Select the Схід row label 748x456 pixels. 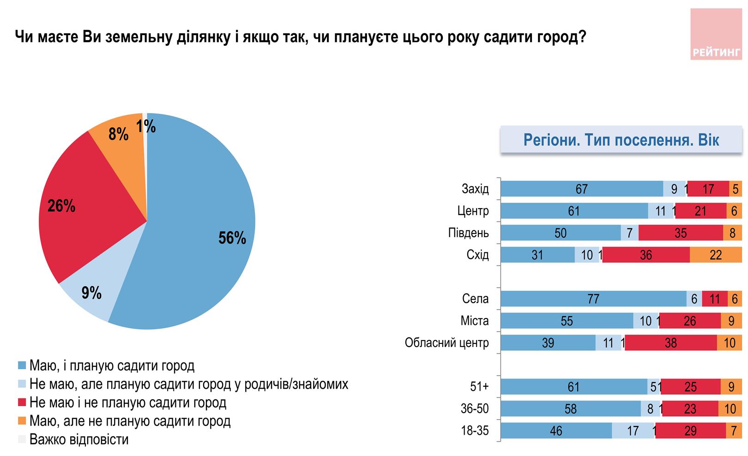click(x=477, y=255)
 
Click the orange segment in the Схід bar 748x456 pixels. click(x=716, y=255)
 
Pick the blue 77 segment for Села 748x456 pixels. click(x=593, y=299)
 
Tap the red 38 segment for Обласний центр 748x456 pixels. click(x=670, y=343)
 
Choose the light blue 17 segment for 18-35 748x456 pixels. click(x=633, y=431)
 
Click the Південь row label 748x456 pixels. click(x=468, y=233)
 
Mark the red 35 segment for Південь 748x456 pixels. click(x=681, y=233)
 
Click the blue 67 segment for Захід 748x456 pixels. click(x=582, y=189)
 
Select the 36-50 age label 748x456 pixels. click(x=475, y=409)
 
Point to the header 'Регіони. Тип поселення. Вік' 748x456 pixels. click(x=621, y=140)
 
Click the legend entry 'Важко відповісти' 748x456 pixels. click(x=78, y=439)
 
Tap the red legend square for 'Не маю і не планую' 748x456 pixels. click(x=21, y=403)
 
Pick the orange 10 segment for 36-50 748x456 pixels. click(x=730, y=409)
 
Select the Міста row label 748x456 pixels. click(x=474, y=321)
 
